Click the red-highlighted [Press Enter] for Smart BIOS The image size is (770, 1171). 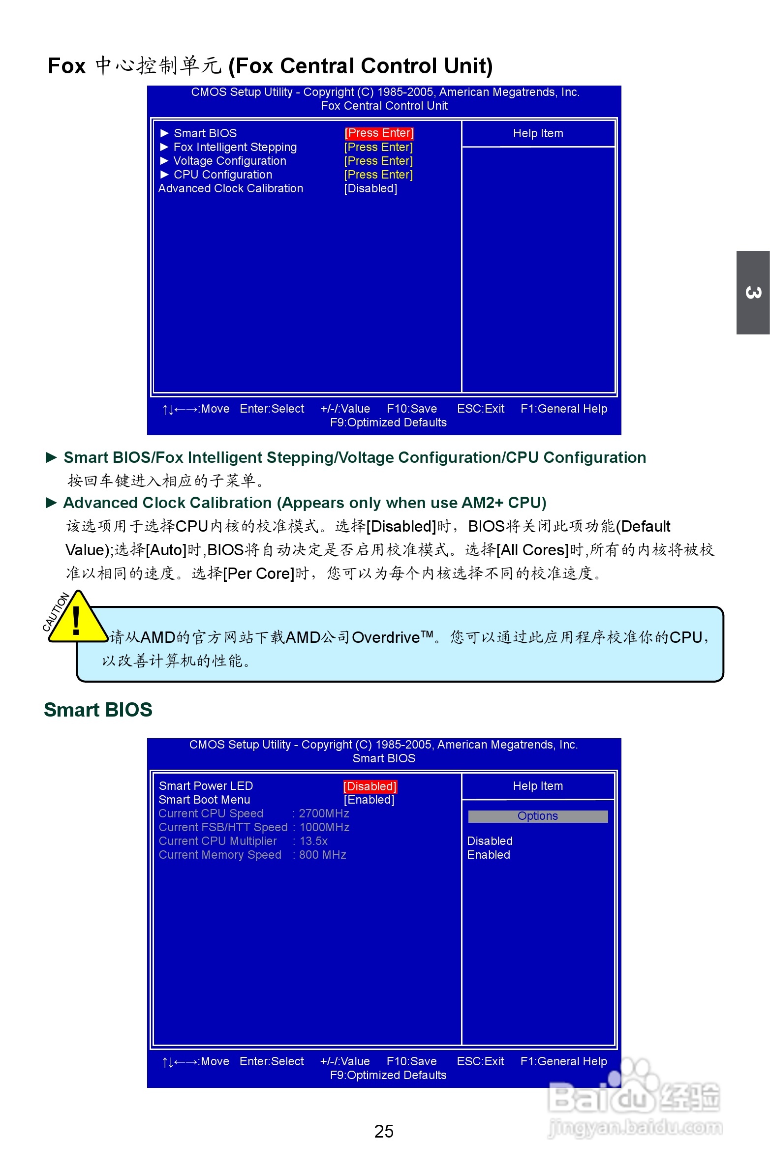click(x=378, y=133)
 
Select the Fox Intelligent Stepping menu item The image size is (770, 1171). click(x=235, y=147)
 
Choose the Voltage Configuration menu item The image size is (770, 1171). click(x=229, y=161)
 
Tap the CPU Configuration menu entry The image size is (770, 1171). click(x=222, y=175)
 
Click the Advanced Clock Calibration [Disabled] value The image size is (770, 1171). click(x=370, y=188)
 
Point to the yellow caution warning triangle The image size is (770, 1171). click(x=77, y=619)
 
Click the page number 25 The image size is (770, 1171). click(x=383, y=1131)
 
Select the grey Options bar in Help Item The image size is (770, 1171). click(x=537, y=816)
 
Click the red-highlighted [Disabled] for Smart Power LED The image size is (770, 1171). click(x=370, y=786)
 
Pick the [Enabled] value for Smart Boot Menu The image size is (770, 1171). click(x=369, y=800)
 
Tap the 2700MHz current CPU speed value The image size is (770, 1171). click(x=324, y=814)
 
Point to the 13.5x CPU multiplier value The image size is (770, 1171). click(x=313, y=841)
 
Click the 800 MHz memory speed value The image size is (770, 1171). click(x=322, y=855)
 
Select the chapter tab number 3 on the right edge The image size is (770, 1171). click(x=753, y=293)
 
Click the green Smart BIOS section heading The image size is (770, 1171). click(x=98, y=710)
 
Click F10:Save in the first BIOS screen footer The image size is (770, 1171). click(x=412, y=409)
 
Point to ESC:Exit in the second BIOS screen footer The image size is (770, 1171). click(x=480, y=1061)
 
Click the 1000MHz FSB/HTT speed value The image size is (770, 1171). click(x=324, y=828)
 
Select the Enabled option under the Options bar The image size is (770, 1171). click(x=489, y=855)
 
